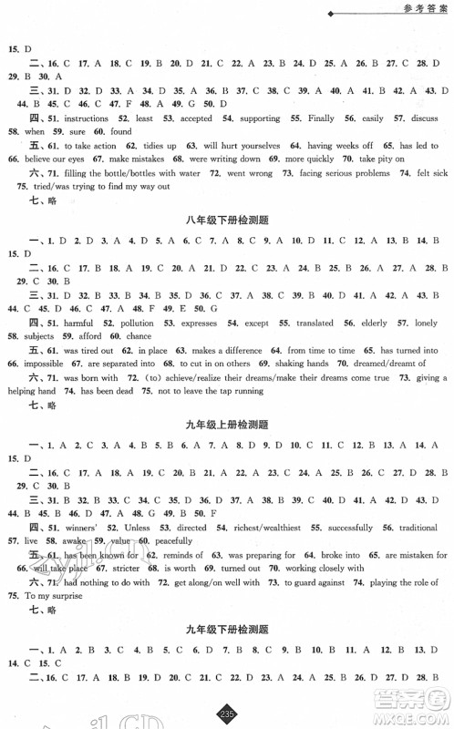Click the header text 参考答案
tap(418, 10)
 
